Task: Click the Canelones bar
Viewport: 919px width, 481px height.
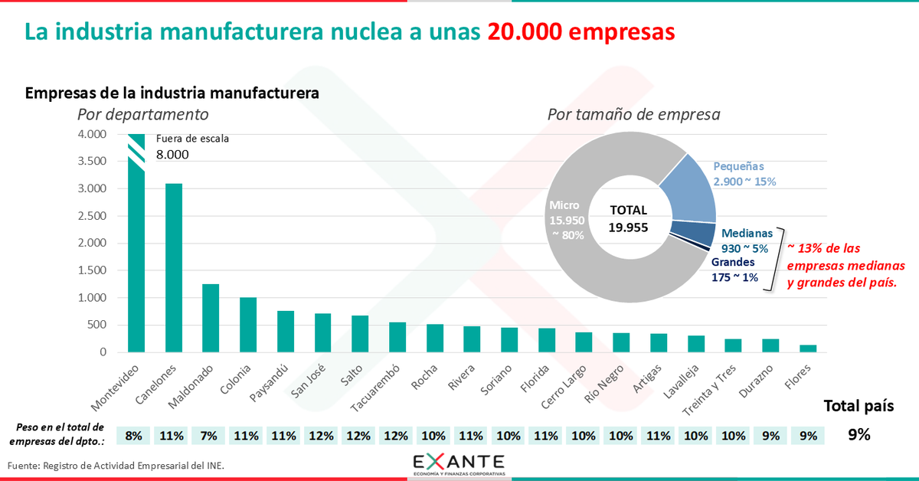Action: [173, 268]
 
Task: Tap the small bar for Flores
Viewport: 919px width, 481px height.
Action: [809, 348]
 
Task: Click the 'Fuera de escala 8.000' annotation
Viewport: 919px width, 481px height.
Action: [191, 147]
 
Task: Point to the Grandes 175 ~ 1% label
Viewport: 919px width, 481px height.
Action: [735, 270]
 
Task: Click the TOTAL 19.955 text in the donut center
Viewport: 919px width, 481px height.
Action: [628, 218]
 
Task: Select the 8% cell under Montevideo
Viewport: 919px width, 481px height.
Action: [133, 436]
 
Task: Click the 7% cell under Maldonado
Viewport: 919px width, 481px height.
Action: [208, 436]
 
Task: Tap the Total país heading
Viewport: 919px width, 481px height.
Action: [858, 406]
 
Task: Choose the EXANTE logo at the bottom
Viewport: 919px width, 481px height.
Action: [458, 464]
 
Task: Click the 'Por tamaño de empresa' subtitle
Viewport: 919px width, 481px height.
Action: [633, 115]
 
